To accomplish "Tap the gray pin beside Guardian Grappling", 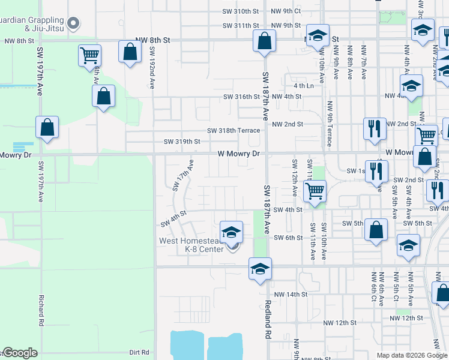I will pos(74,24).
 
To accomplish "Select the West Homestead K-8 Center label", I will pos(191,245).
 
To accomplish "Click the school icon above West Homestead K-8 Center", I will pos(231,232).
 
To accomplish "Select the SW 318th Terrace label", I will pos(234,130).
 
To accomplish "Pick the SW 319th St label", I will pos(182,142).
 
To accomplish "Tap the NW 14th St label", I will pos(291,295).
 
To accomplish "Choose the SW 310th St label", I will pos(240,11).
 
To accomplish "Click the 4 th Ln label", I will pos(304,86).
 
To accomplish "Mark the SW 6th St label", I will pos(288,238).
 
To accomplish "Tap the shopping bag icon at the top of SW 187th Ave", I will pos(264,41).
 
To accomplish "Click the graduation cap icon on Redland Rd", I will pos(261,268).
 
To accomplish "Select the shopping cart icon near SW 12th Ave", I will pos(315,191).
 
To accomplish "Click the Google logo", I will pos(19,353).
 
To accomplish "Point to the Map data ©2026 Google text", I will pos(411,355).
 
